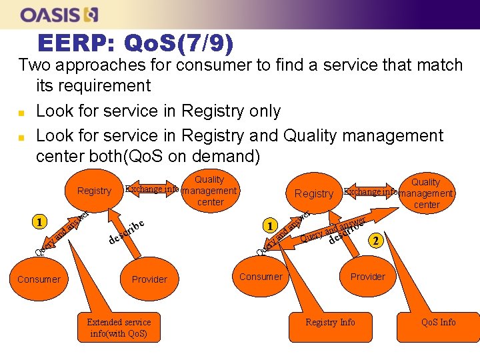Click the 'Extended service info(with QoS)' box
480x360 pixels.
(x=119, y=327)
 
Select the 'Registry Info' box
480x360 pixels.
(x=330, y=322)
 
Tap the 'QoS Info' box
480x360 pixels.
(x=439, y=322)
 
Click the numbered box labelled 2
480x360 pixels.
(x=377, y=241)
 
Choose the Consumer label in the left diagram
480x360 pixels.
(x=39, y=279)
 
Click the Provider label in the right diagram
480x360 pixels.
(x=368, y=277)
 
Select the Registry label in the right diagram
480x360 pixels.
(x=313, y=194)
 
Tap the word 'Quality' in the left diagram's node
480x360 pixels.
(x=209, y=179)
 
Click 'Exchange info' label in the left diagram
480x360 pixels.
(x=152, y=189)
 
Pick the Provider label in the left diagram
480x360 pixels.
(x=149, y=279)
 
